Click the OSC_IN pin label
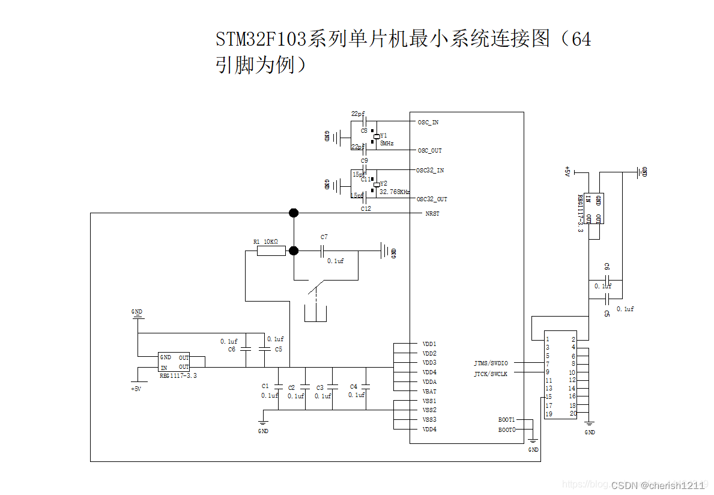(x=428, y=123)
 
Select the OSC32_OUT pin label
(x=432, y=199)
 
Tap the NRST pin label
(x=432, y=214)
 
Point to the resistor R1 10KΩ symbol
(x=271, y=251)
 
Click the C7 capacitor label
(x=324, y=237)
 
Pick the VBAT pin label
(x=429, y=392)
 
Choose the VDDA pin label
(x=429, y=382)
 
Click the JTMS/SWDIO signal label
(x=491, y=363)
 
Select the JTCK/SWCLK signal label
(x=491, y=374)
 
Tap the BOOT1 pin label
(x=506, y=420)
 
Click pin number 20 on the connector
(x=573, y=413)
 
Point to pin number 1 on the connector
(x=547, y=339)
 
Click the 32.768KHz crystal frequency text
(x=395, y=192)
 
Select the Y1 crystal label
(x=384, y=136)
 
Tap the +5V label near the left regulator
(x=136, y=389)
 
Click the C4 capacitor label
(x=353, y=387)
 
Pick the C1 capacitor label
(x=265, y=386)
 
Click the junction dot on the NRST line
(x=294, y=213)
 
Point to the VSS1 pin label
(x=429, y=401)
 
